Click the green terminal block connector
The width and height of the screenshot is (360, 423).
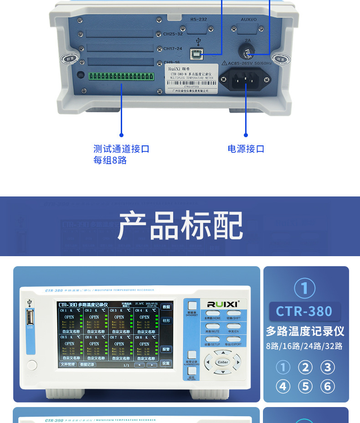[x=121, y=77]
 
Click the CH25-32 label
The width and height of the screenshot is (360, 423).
[x=173, y=34]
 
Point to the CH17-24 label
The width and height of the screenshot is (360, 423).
[x=173, y=48]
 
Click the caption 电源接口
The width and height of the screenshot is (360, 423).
[x=246, y=149]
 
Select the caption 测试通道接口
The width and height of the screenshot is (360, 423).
[x=121, y=149]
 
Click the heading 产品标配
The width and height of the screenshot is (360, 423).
[x=180, y=226]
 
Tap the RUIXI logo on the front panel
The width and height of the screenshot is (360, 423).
[x=220, y=304]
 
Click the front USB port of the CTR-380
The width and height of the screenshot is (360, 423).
[x=30, y=317]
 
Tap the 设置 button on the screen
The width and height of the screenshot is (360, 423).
[x=166, y=363]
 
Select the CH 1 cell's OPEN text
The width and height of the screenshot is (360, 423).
[x=69, y=317]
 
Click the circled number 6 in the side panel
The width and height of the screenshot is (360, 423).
[x=327, y=387]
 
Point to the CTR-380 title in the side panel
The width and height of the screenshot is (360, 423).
[x=304, y=311]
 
